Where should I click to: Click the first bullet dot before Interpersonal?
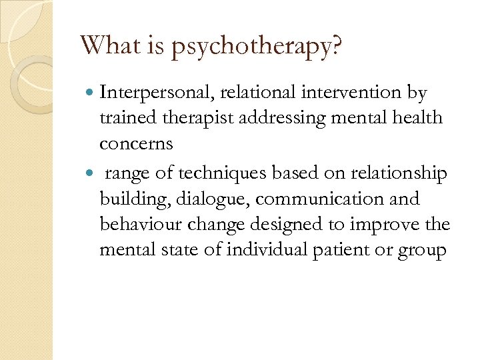click(x=90, y=93)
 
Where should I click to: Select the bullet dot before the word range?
click(x=90, y=174)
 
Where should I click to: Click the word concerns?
click(x=136, y=144)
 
